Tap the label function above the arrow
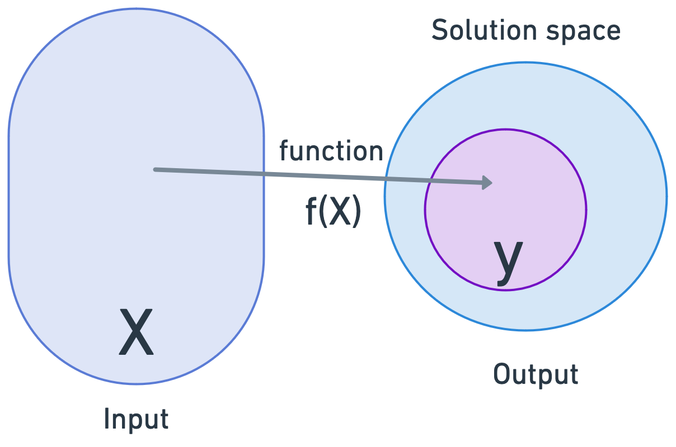pos(331,151)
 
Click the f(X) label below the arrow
pos(333,212)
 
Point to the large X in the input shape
pos(136,333)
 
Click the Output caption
pos(536,374)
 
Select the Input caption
pos(136,419)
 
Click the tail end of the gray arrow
pos(156,169)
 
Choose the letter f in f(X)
pos(311,212)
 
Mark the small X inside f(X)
pos(337,213)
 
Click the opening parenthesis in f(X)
pos(322,213)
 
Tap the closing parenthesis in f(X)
pos(356,213)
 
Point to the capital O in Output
pos(501,374)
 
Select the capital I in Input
pos(106,419)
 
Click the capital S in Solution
pos(439,31)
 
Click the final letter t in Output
pos(574,374)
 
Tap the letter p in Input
pos(133,421)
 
